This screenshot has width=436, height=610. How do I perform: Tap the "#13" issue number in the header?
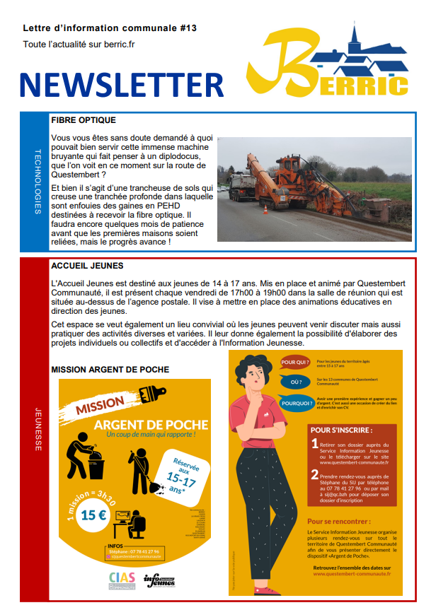click(187, 28)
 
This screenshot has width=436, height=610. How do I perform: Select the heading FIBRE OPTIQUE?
click(84, 120)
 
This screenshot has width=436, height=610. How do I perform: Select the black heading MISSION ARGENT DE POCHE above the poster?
click(110, 370)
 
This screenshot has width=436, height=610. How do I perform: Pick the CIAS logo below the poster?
click(122, 580)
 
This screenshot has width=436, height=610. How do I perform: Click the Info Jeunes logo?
click(159, 581)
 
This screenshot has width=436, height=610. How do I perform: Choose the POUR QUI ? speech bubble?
click(297, 363)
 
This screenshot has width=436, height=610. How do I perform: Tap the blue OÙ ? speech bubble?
click(297, 382)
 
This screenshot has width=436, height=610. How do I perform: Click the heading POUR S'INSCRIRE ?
click(341, 429)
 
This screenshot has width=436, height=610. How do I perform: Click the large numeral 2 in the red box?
click(315, 477)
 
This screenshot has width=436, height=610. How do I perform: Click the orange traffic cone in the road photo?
click(266, 210)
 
